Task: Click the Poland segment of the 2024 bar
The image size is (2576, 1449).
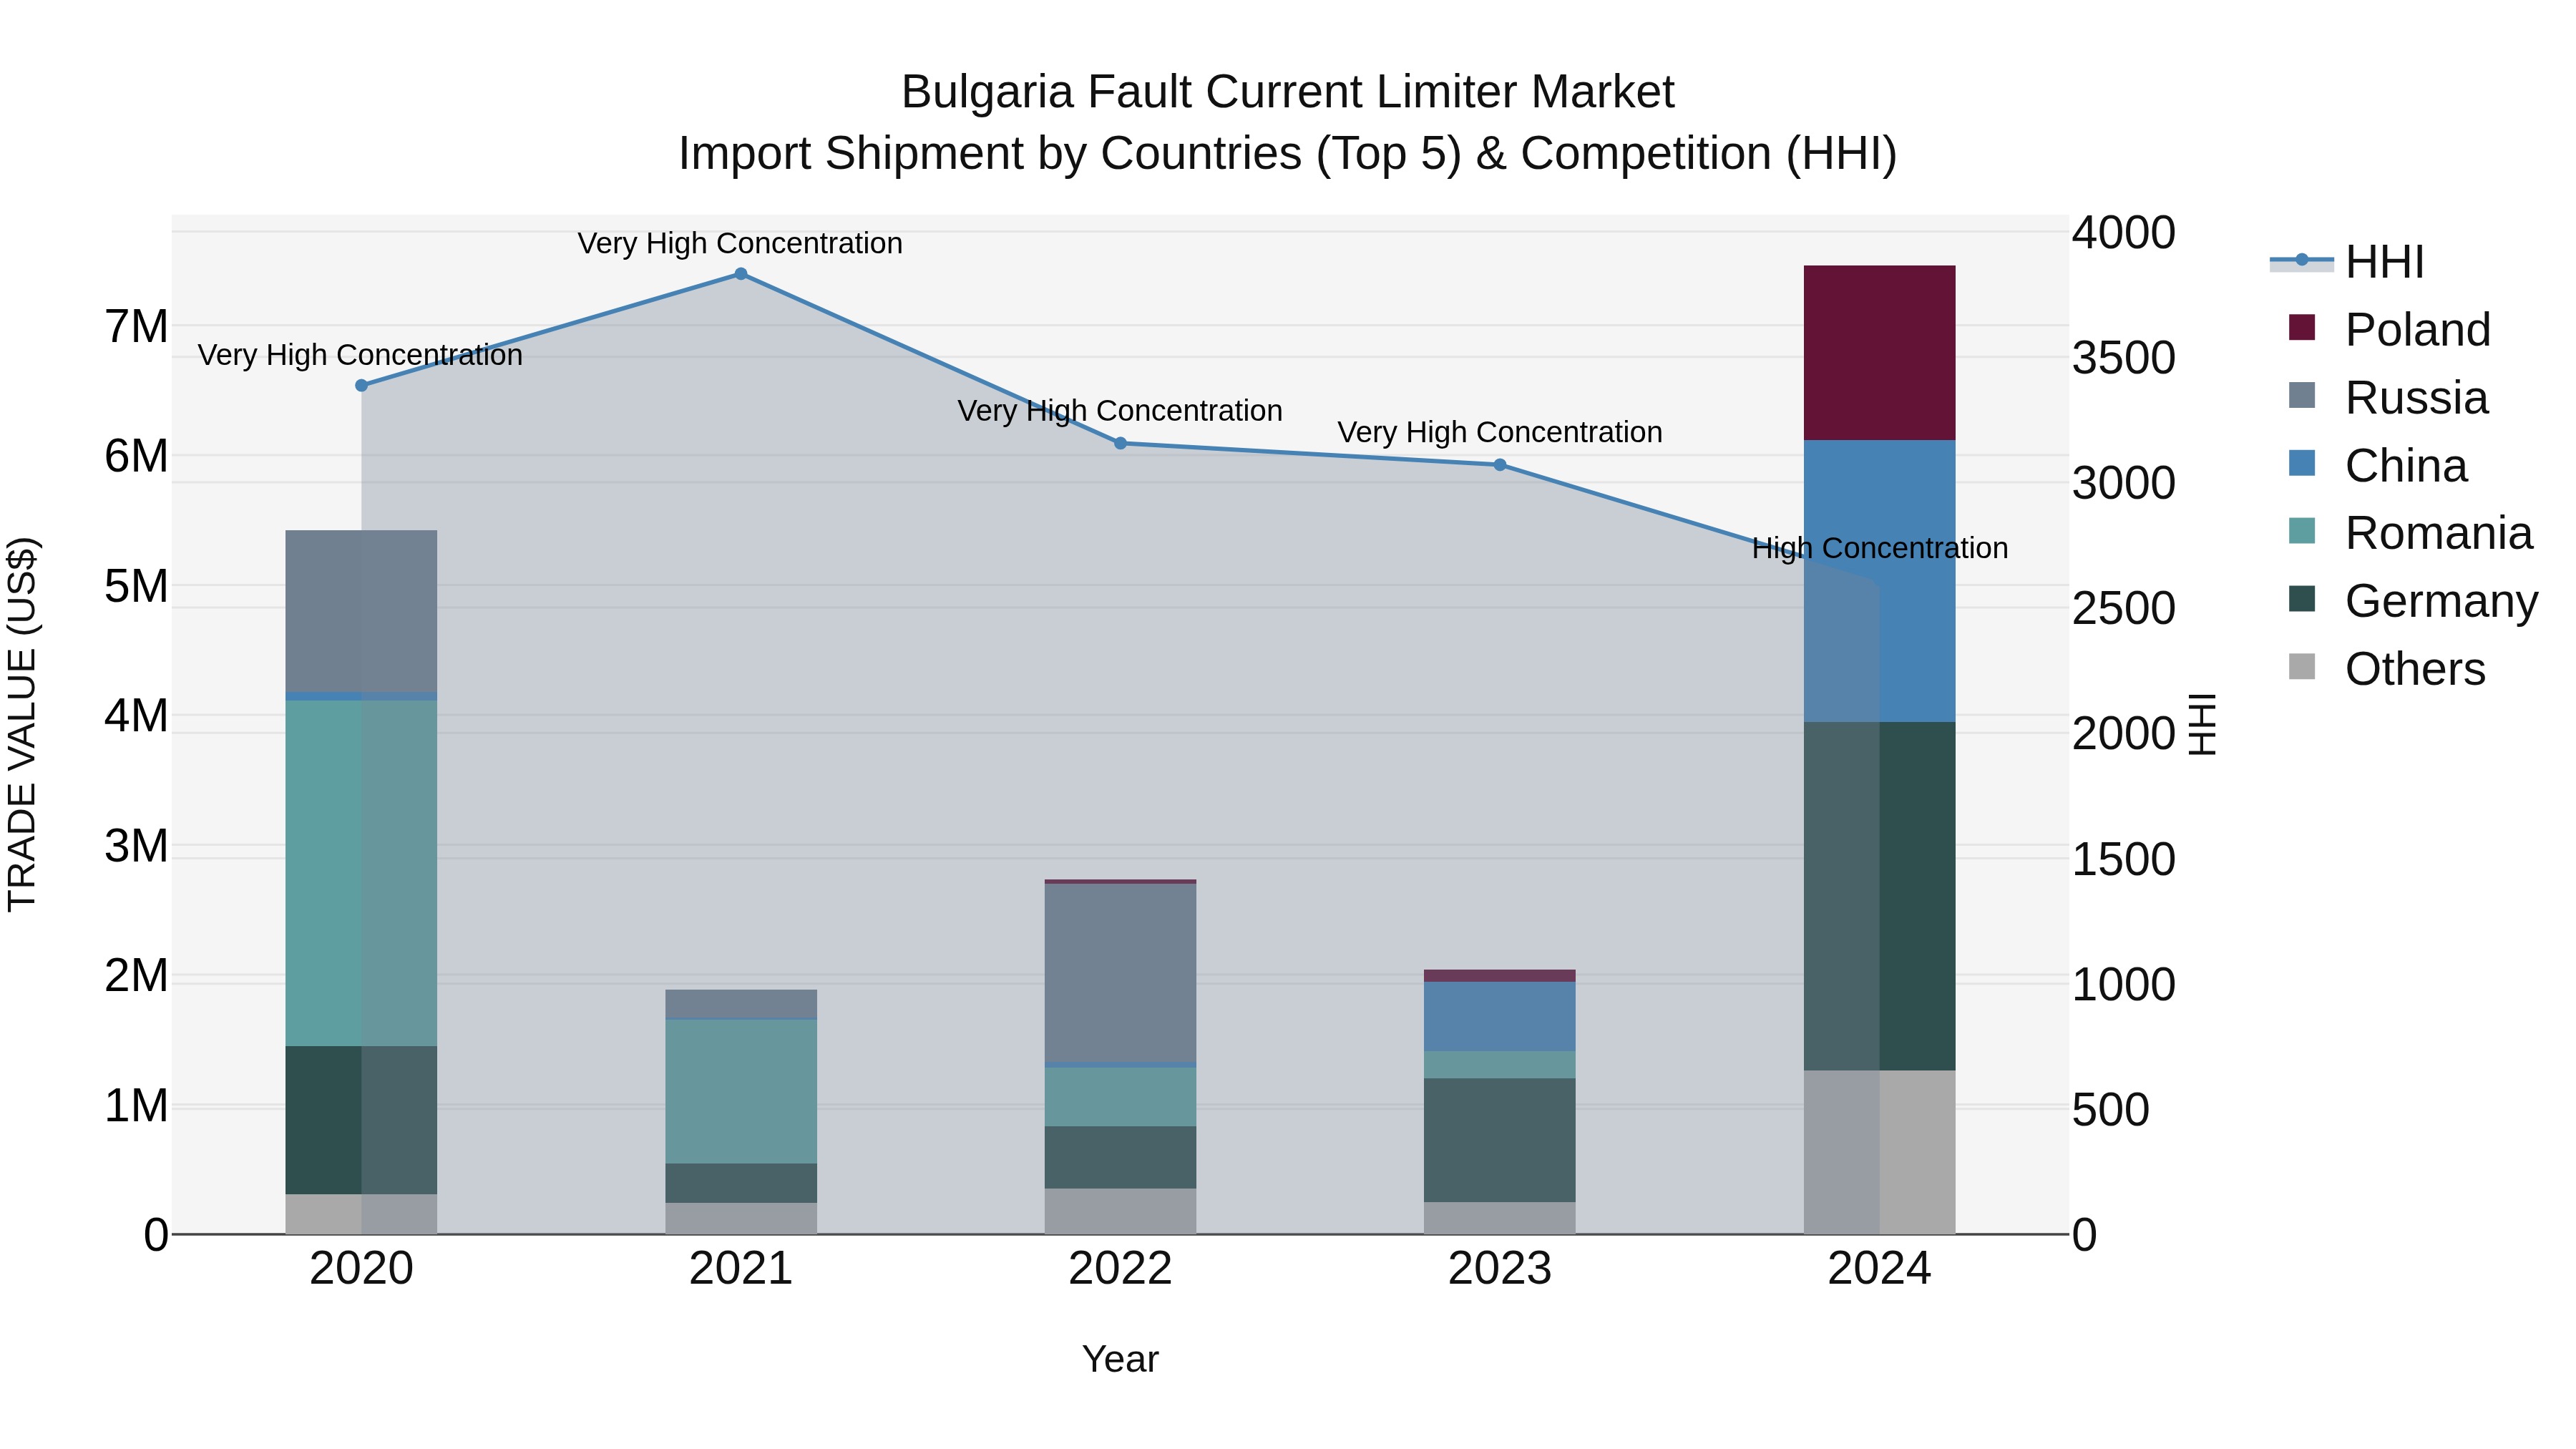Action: click(1879, 353)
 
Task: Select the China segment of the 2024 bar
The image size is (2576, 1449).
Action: click(1879, 580)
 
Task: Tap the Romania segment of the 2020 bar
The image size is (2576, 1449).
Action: click(361, 872)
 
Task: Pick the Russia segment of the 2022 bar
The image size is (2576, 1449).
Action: click(1120, 972)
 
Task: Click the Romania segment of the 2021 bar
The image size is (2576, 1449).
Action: click(741, 1091)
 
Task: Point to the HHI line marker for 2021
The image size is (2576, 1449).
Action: click(741, 274)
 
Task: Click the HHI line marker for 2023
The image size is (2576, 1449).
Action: click(1500, 465)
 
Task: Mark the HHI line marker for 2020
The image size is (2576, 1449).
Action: click(362, 385)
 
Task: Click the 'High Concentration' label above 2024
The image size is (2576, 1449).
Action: click(1879, 548)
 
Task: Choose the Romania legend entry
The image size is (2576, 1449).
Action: click(2437, 534)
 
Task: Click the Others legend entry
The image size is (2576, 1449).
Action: click(2414, 669)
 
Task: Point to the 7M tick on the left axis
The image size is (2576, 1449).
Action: click(136, 326)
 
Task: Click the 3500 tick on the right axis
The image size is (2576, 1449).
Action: click(2122, 358)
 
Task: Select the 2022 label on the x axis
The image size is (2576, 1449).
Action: click(1120, 1269)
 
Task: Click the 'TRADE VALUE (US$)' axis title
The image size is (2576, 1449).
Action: click(22, 724)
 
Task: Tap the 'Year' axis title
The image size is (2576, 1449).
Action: click(1120, 1359)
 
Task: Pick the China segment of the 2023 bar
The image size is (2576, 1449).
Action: click(1500, 1016)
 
